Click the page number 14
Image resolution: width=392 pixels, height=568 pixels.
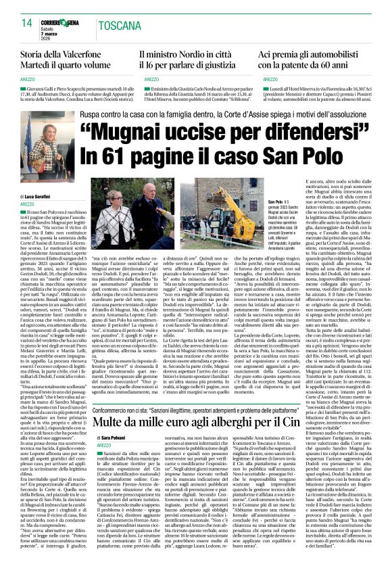pyautogui.click(x=26, y=22)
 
